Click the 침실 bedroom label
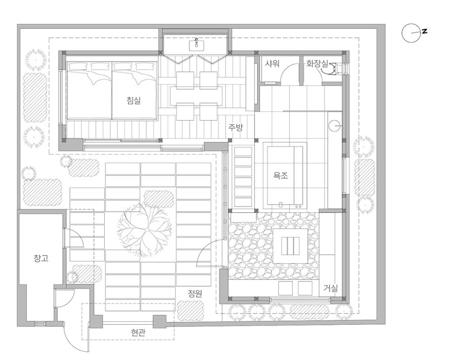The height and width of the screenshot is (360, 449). (134, 100)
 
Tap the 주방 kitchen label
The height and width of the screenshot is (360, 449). (235, 127)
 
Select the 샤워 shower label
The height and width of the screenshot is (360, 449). (271, 63)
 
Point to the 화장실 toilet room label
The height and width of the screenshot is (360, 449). (317, 63)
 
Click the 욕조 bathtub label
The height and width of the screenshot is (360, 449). (280, 175)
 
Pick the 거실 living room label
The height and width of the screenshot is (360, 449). (331, 288)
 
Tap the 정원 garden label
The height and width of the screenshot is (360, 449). (195, 293)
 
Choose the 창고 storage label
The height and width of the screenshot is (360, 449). (41, 258)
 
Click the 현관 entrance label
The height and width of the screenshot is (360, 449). (138, 332)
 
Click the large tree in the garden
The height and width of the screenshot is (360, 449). (144, 229)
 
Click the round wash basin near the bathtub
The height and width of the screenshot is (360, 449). (335, 126)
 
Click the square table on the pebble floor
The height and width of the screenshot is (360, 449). (290, 246)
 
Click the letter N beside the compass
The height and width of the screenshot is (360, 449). (424, 31)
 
